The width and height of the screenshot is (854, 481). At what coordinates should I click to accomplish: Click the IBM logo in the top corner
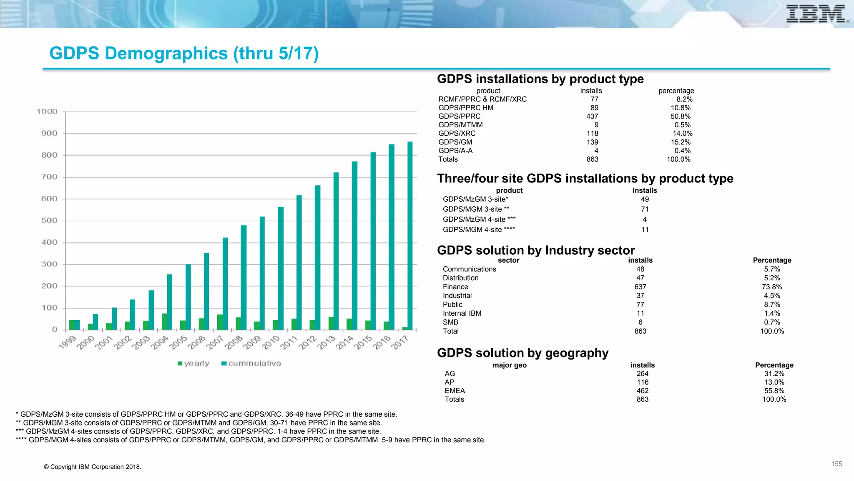coord(816,14)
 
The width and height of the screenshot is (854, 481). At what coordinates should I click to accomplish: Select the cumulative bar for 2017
coord(410,236)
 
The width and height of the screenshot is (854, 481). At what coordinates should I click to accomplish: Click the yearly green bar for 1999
coord(72,324)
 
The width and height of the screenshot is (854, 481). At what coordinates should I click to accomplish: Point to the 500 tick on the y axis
coord(49,220)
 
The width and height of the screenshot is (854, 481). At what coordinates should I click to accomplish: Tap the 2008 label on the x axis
coord(234,343)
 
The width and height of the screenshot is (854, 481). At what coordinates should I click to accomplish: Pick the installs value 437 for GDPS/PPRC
coord(592,116)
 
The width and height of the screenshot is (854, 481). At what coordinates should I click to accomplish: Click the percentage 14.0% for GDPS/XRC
coord(682,134)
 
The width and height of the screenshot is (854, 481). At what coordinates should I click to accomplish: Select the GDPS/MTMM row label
coord(460,125)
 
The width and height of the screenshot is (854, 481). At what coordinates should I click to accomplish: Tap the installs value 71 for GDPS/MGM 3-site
coord(645,209)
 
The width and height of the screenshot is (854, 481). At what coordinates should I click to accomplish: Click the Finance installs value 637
coord(640,287)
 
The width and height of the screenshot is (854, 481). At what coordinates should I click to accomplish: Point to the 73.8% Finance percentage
coord(772,287)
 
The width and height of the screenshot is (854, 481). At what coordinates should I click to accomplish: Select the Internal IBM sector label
coord(462,313)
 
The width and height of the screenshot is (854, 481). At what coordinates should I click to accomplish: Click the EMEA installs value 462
coord(642,391)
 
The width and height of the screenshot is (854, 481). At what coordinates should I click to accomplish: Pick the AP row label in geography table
coord(450,382)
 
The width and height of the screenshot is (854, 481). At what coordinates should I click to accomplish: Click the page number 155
coord(836,464)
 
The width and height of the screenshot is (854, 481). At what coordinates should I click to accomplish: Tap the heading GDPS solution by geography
coord(522,353)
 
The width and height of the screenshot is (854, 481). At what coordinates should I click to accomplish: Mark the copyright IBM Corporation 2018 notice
coord(93,467)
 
